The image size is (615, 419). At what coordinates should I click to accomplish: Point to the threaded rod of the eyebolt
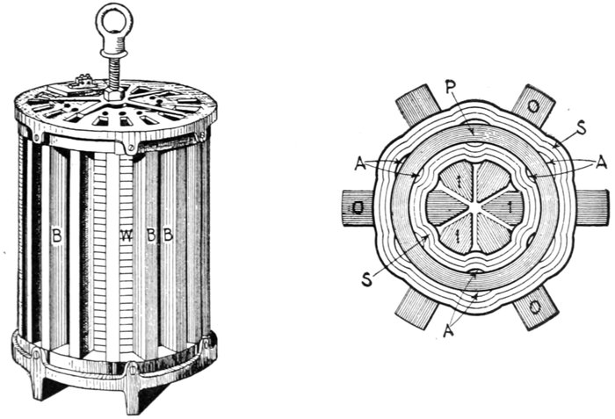[x=113, y=72]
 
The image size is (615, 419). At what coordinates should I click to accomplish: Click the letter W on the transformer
[x=127, y=235]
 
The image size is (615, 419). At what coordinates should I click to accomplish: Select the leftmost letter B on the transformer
[x=57, y=235]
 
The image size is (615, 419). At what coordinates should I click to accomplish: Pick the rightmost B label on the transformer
[x=168, y=235]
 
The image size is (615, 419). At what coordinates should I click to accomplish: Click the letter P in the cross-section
[x=451, y=88]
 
